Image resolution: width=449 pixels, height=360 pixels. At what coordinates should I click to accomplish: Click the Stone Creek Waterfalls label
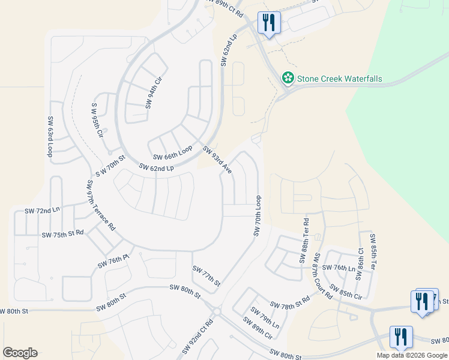click(x=340, y=79)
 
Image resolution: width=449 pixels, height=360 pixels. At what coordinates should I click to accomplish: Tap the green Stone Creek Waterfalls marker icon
click(x=288, y=78)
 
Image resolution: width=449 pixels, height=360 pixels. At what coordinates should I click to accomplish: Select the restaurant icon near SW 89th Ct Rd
click(x=268, y=23)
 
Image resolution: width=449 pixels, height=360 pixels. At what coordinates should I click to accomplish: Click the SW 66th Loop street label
click(x=173, y=152)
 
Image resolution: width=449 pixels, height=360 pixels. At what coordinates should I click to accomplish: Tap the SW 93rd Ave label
click(x=217, y=160)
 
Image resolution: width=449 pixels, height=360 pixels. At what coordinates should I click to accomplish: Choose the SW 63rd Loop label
click(x=50, y=137)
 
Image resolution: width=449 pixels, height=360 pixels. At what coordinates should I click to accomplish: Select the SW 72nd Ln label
click(x=42, y=211)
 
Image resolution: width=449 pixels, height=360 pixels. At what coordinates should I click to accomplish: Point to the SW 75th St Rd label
click(x=62, y=233)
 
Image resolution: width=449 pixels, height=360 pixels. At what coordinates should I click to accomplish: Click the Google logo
click(x=20, y=353)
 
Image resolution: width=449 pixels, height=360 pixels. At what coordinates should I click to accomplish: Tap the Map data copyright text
click(x=412, y=355)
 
